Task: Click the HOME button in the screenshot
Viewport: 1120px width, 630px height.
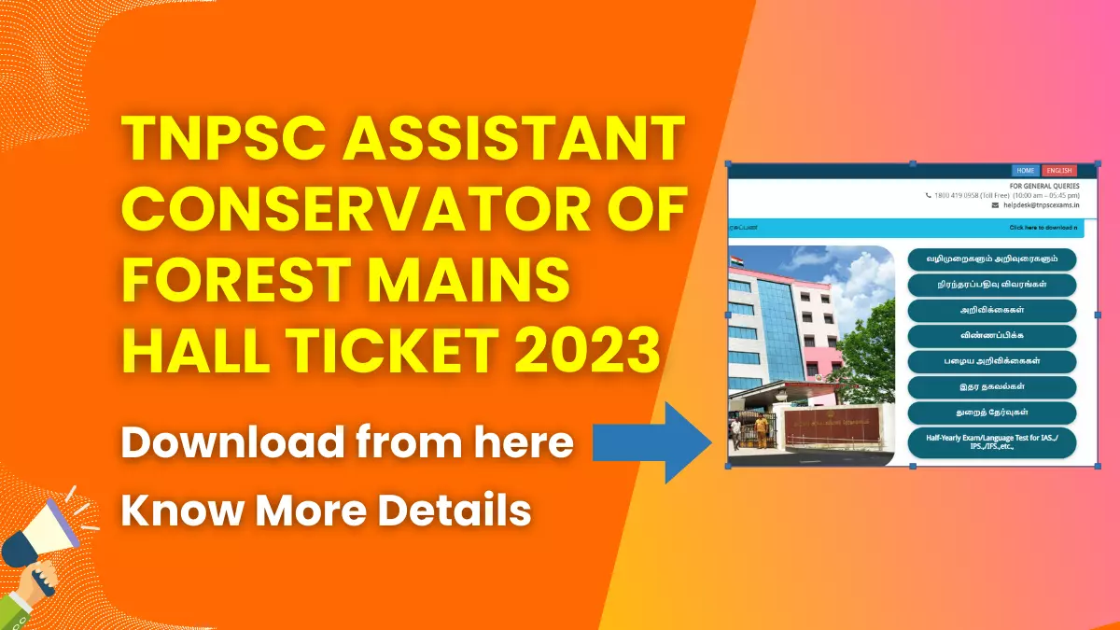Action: pos(1026,171)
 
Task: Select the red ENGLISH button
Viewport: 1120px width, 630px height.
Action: pos(1059,171)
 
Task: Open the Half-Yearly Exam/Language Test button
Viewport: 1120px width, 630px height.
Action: pos(991,442)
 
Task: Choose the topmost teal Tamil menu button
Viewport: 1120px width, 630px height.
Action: pos(991,259)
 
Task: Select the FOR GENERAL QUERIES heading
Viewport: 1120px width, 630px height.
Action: pos(1044,186)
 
